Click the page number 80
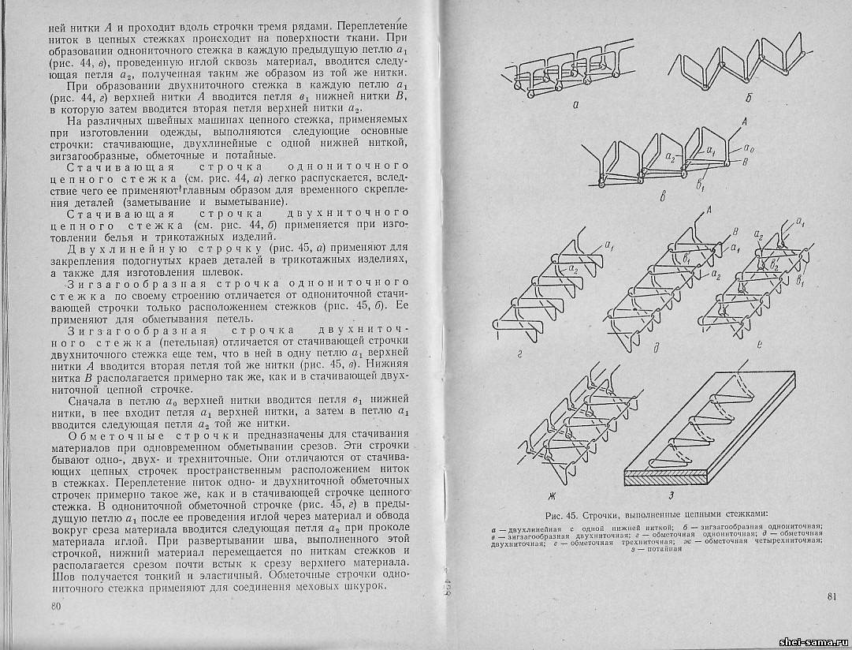coord(55,607)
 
